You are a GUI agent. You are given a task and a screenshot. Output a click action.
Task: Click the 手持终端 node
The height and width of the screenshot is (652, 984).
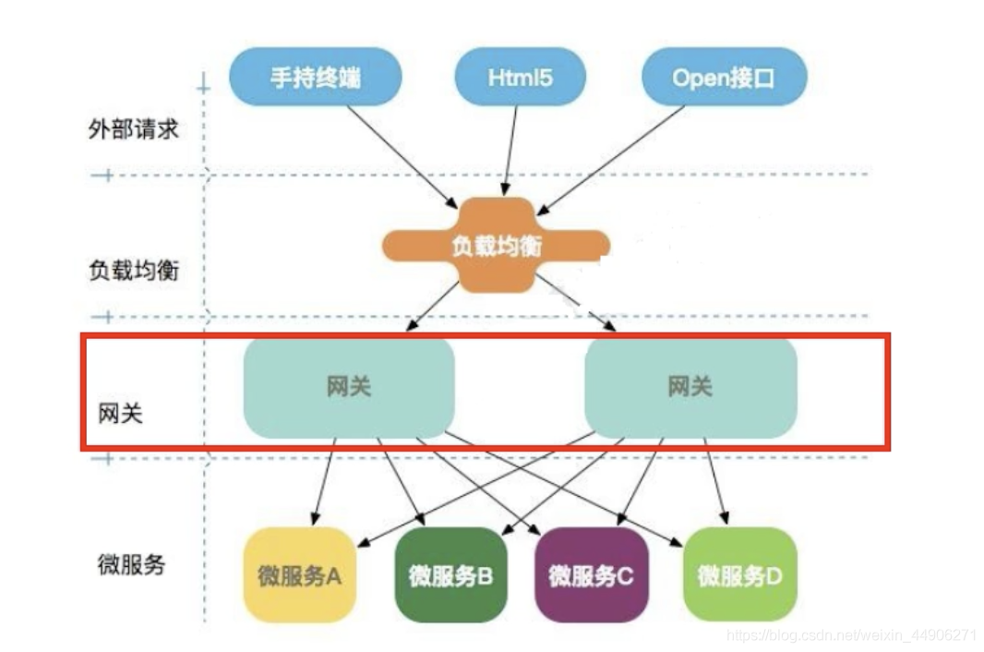click(x=315, y=77)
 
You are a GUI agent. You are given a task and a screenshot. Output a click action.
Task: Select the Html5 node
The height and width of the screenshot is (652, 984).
click(x=520, y=77)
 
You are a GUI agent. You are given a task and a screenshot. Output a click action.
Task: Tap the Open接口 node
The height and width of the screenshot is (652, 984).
click(x=724, y=77)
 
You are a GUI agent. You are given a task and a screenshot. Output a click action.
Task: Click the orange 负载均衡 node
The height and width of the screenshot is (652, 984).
click(x=497, y=245)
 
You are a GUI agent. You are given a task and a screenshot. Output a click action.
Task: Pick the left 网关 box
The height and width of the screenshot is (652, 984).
click(x=349, y=386)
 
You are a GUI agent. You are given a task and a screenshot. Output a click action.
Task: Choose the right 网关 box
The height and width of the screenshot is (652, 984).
click(x=690, y=386)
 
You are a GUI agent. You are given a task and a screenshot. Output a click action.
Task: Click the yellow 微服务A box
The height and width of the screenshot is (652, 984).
click(x=300, y=576)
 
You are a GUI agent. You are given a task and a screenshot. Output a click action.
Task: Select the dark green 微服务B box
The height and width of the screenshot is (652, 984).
click(x=451, y=576)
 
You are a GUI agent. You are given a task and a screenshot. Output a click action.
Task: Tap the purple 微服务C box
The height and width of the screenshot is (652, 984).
click(x=591, y=576)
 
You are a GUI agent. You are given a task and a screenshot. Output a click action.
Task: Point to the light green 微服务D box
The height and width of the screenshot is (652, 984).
click(x=739, y=576)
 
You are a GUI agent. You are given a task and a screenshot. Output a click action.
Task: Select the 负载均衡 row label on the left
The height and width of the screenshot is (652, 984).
click(x=133, y=271)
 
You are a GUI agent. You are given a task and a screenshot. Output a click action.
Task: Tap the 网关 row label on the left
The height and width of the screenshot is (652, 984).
click(x=121, y=413)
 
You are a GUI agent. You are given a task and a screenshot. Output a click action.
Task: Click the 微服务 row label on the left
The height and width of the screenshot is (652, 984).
click(x=131, y=564)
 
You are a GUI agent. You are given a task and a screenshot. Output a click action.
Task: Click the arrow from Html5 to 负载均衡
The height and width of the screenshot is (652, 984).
click(x=509, y=146)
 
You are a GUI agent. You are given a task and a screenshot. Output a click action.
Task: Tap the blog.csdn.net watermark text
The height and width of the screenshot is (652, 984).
click(x=851, y=635)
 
